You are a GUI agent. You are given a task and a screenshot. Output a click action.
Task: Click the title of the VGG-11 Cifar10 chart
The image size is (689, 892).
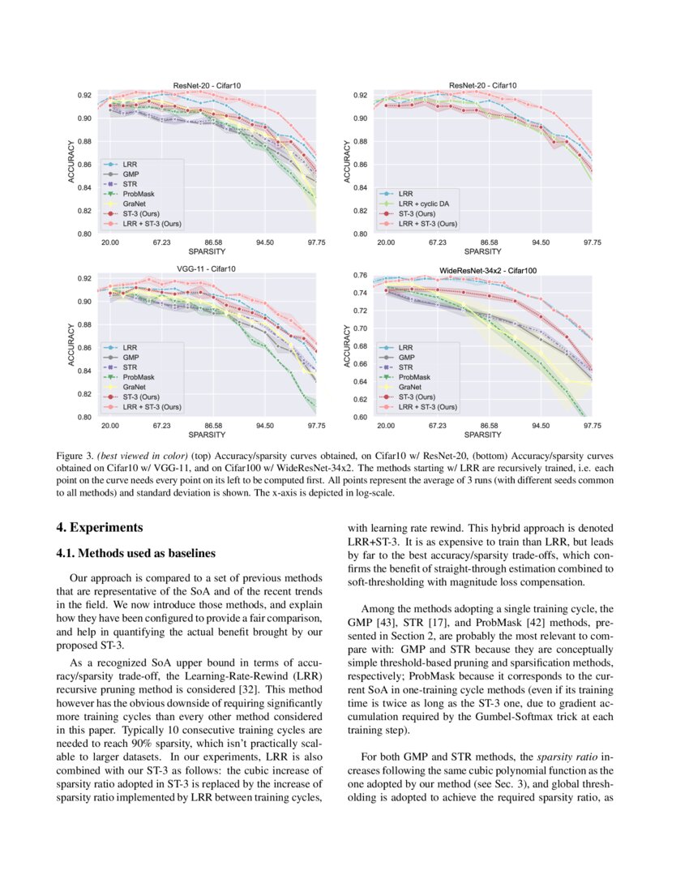click(207, 268)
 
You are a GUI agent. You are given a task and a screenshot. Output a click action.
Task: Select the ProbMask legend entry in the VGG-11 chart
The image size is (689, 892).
click(139, 377)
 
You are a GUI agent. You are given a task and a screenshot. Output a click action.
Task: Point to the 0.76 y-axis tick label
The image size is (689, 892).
click(361, 276)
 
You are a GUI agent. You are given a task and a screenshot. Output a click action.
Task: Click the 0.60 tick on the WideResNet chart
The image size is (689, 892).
click(361, 418)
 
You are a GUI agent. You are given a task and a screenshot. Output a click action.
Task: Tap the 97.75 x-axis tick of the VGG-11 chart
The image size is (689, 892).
click(316, 425)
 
